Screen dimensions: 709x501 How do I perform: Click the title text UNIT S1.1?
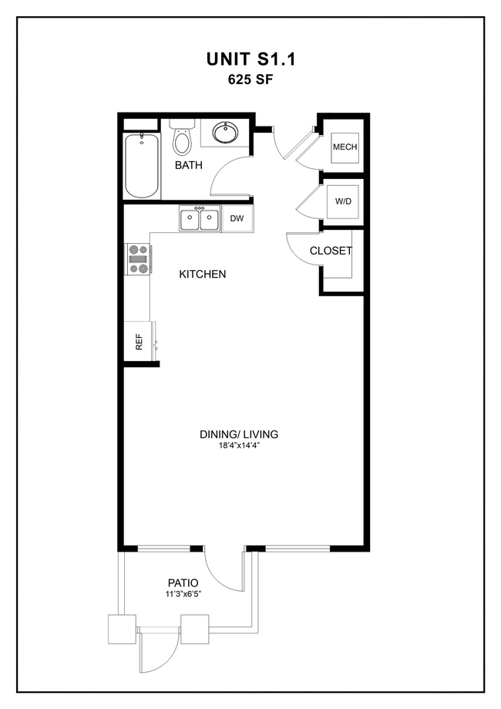click(250, 59)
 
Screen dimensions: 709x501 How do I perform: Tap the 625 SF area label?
click(250, 78)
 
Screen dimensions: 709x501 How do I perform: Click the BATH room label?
click(188, 165)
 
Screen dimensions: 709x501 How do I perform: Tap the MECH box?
click(344, 147)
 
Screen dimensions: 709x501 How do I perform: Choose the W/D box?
click(343, 202)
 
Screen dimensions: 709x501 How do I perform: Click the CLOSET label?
click(331, 251)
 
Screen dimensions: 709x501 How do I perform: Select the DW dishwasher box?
click(237, 219)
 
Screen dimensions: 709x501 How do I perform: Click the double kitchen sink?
click(199, 220)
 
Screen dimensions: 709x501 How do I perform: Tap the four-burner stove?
click(139, 259)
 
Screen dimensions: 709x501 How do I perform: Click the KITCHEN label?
click(203, 274)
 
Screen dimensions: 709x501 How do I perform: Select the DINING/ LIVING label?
click(239, 434)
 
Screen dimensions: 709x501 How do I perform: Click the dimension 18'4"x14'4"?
click(239, 446)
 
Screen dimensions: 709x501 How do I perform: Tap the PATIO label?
click(183, 582)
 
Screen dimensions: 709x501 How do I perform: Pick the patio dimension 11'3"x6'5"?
click(183, 594)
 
